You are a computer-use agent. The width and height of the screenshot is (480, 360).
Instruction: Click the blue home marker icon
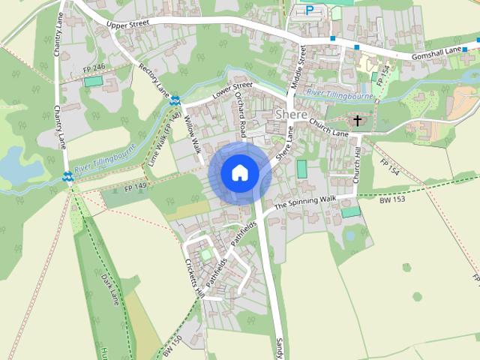coord(239,172)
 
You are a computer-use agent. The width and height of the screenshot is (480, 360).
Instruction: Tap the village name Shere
coord(291,115)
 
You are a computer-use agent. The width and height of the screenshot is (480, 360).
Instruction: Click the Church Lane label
coord(328,127)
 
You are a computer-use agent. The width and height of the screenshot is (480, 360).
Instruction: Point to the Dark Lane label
coord(109,289)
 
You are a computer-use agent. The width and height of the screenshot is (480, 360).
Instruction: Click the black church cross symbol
coord(358,120)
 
